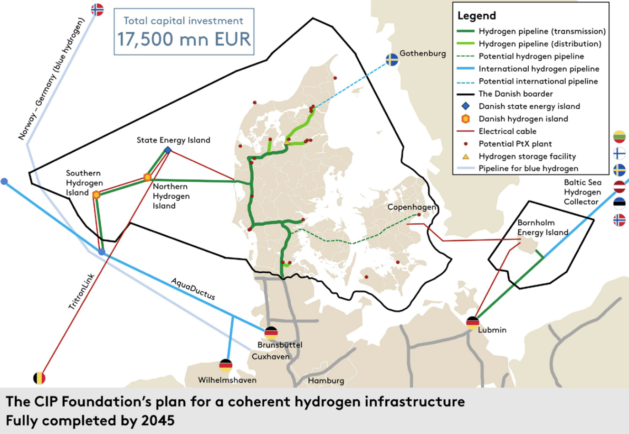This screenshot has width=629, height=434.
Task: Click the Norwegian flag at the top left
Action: click(97, 9)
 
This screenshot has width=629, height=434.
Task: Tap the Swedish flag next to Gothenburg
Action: click(391, 59)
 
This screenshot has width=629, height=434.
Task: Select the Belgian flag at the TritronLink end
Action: click(39, 378)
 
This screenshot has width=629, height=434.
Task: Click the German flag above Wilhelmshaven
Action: click(226, 365)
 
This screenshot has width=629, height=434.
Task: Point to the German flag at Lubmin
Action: click(473, 323)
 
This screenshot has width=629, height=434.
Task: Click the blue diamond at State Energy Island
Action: click(167, 150)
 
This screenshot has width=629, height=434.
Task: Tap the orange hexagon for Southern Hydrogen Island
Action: click(96, 194)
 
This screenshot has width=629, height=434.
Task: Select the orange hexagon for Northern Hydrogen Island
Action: click(147, 177)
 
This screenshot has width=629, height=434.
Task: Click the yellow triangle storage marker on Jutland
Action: click(286, 142)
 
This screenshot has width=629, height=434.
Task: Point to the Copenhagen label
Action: click(411, 207)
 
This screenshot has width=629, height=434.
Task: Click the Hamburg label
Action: click(326, 380)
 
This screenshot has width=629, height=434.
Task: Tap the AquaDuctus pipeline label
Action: click(193, 289)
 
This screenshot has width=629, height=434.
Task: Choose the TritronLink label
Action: click(82, 292)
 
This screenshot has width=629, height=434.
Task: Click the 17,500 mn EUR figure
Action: click(184, 38)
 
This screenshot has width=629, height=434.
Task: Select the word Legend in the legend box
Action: click(477, 16)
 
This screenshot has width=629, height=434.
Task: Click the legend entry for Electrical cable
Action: click(507, 131)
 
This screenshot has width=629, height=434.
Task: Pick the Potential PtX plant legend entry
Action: click(515, 144)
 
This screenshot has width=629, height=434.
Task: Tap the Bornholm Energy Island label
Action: click(543, 227)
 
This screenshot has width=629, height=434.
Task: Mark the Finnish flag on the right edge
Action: click(619, 153)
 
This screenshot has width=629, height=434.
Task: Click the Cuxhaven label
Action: click(270, 356)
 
